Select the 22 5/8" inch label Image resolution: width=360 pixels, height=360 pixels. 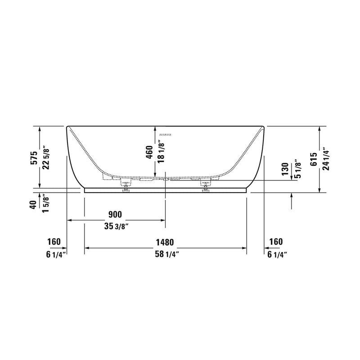click(45, 157)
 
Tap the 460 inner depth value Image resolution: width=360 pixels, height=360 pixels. click(150, 153)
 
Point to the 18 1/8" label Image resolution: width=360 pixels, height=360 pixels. click(161, 151)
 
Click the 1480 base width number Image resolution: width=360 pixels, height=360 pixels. click(165, 242)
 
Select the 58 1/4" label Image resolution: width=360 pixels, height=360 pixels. click(165, 254)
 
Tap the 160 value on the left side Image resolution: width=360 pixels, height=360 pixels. click(54, 242)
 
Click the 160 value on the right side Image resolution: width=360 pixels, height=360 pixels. click(275, 242)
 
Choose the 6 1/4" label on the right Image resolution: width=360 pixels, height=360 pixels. click(277, 254)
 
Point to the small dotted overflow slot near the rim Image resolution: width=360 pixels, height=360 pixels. click(166, 134)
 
